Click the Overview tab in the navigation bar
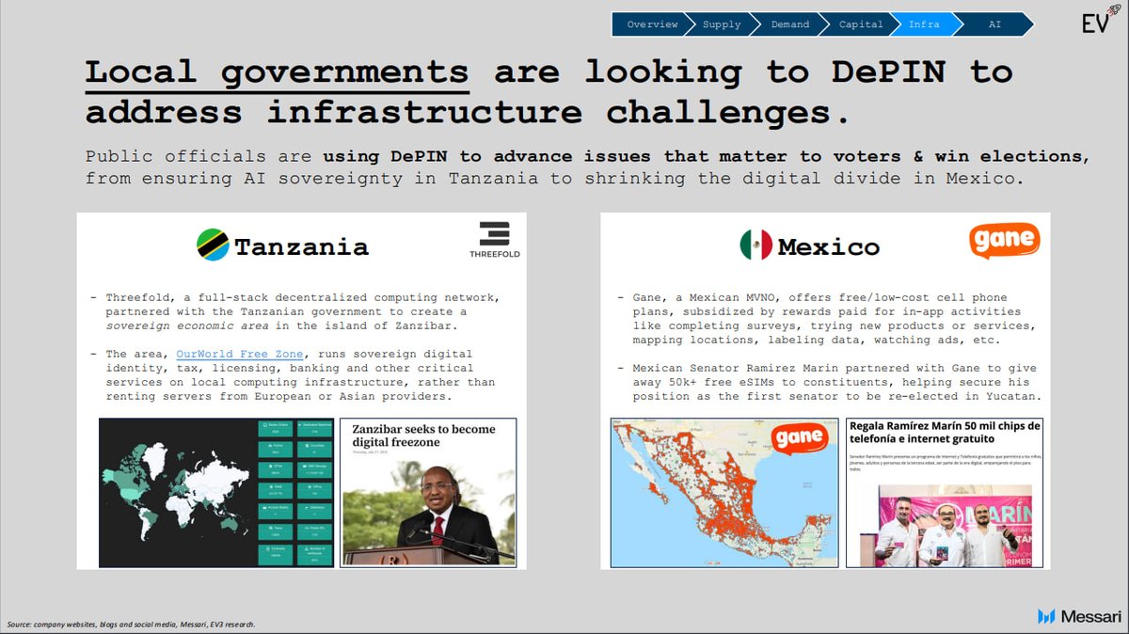tap(651, 24)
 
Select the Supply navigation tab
tap(722, 24)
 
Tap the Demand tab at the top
tap(790, 24)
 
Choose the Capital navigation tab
tap(861, 24)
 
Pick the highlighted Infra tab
tap(924, 24)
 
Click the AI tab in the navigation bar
tap(994, 24)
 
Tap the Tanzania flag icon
tap(213, 246)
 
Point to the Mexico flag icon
tap(755, 246)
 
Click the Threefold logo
tap(495, 240)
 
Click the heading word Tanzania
tap(301, 247)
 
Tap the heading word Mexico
tap(828, 247)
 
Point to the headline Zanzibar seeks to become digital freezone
tap(423, 436)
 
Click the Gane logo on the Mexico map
tap(800, 438)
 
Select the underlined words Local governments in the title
tap(277, 72)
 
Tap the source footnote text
tap(130, 625)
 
